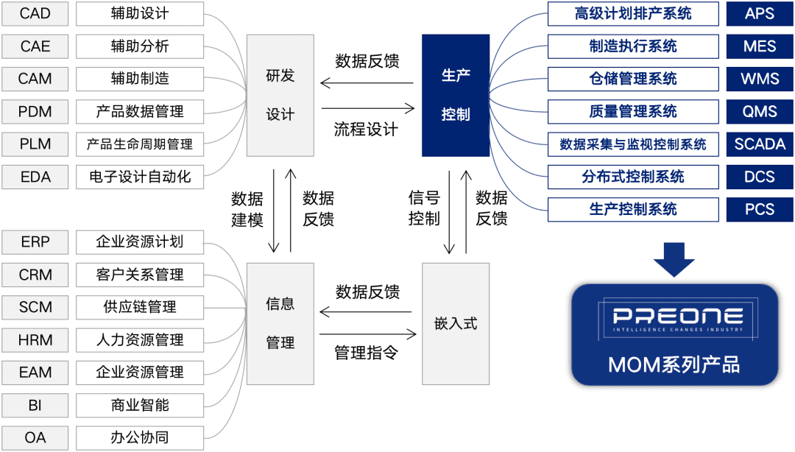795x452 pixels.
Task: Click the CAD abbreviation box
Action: pyautogui.click(x=35, y=14)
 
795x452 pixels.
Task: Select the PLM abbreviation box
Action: pyautogui.click(x=35, y=144)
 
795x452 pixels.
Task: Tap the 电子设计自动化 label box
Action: pyautogui.click(x=140, y=177)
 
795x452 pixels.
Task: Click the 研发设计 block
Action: pyautogui.click(x=280, y=95)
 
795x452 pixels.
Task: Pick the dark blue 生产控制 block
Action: pyautogui.click(x=456, y=95)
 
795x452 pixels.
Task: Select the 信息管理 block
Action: pyautogui.click(x=280, y=323)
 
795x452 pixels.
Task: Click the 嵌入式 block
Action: pyautogui.click(x=456, y=323)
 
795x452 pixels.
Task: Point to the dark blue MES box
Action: pyautogui.click(x=760, y=46)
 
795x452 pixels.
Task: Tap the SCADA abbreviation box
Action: pyautogui.click(x=760, y=144)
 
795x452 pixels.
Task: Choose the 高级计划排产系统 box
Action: pyautogui.click(x=633, y=14)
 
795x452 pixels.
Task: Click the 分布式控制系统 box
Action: pyautogui.click(x=633, y=177)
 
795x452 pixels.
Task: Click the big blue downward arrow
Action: pyautogui.click(x=674, y=258)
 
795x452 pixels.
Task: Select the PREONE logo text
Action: pyautogui.click(x=674, y=317)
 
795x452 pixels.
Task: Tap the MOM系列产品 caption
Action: pyautogui.click(x=674, y=364)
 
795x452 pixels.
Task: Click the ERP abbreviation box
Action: pyautogui.click(x=35, y=241)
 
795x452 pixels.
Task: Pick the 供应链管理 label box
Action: pyautogui.click(x=140, y=307)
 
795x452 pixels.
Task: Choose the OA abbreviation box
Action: pyautogui.click(x=35, y=437)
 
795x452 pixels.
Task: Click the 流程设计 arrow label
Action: pyautogui.click(x=367, y=130)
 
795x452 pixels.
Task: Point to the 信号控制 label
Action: pyautogui.click(x=424, y=208)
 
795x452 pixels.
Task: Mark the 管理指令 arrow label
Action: pyautogui.click(x=367, y=353)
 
